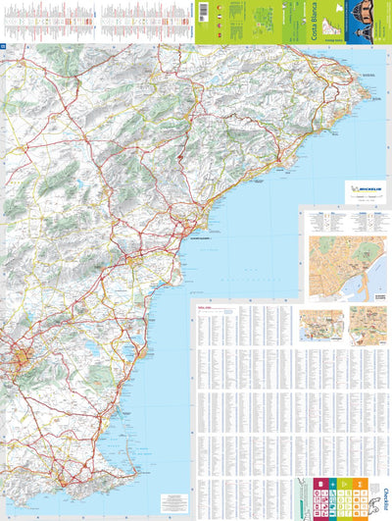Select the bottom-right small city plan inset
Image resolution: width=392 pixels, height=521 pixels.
pyautogui.click(x=367, y=324)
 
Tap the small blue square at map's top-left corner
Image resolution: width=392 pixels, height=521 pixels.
pyautogui.click(x=3, y=46)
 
